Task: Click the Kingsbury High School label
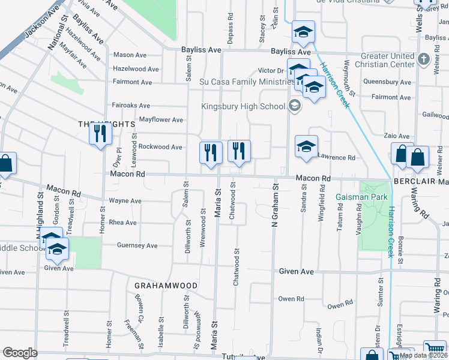[243, 107]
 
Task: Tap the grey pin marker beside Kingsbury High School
[294, 107]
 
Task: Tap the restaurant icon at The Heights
[100, 134]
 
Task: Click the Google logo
[20, 353]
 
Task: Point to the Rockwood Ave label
[160, 146]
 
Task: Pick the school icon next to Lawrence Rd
[306, 148]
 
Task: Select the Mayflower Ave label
[161, 119]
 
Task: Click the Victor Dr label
[270, 70]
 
